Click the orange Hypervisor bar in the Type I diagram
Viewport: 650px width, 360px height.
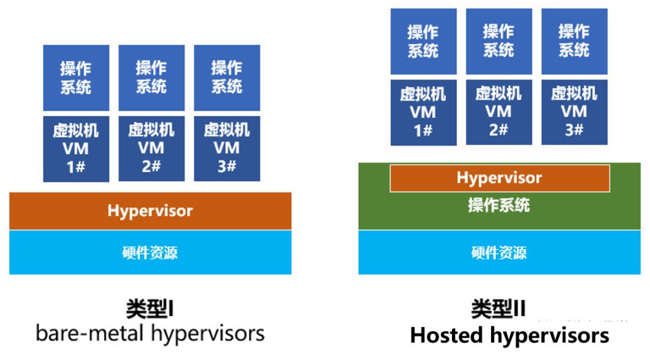(x=150, y=211)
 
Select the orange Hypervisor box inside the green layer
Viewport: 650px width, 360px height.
(x=500, y=178)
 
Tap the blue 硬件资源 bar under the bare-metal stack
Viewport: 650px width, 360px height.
(x=150, y=252)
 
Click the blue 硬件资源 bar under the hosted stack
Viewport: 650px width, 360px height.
(x=499, y=252)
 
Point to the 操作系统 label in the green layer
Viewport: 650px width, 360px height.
(x=499, y=205)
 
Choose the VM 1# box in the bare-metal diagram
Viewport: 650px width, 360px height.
(x=76, y=149)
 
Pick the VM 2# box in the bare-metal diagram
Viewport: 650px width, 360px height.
(x=152, y=149)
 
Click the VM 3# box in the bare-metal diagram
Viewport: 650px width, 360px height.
(x=227, y=149)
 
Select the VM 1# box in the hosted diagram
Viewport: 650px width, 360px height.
(x=424, y=113)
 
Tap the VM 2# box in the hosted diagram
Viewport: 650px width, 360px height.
(x=499, y=112)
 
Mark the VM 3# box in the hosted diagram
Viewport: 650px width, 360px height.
(x=575, y=112)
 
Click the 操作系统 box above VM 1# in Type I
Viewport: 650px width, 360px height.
(x=76, y=78)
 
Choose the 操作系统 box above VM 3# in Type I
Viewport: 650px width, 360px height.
(x=227, y=78)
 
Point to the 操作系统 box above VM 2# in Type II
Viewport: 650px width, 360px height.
(x=499, y=42)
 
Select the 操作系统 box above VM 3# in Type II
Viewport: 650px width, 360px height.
(x=575, y=42)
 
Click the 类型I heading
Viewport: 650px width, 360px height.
(x=150, y=309)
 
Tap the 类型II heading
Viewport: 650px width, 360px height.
(x=498, y=309)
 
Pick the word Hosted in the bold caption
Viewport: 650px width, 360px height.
(x=447, y=335)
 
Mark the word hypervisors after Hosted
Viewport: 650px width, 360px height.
(x=549, y=336)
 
